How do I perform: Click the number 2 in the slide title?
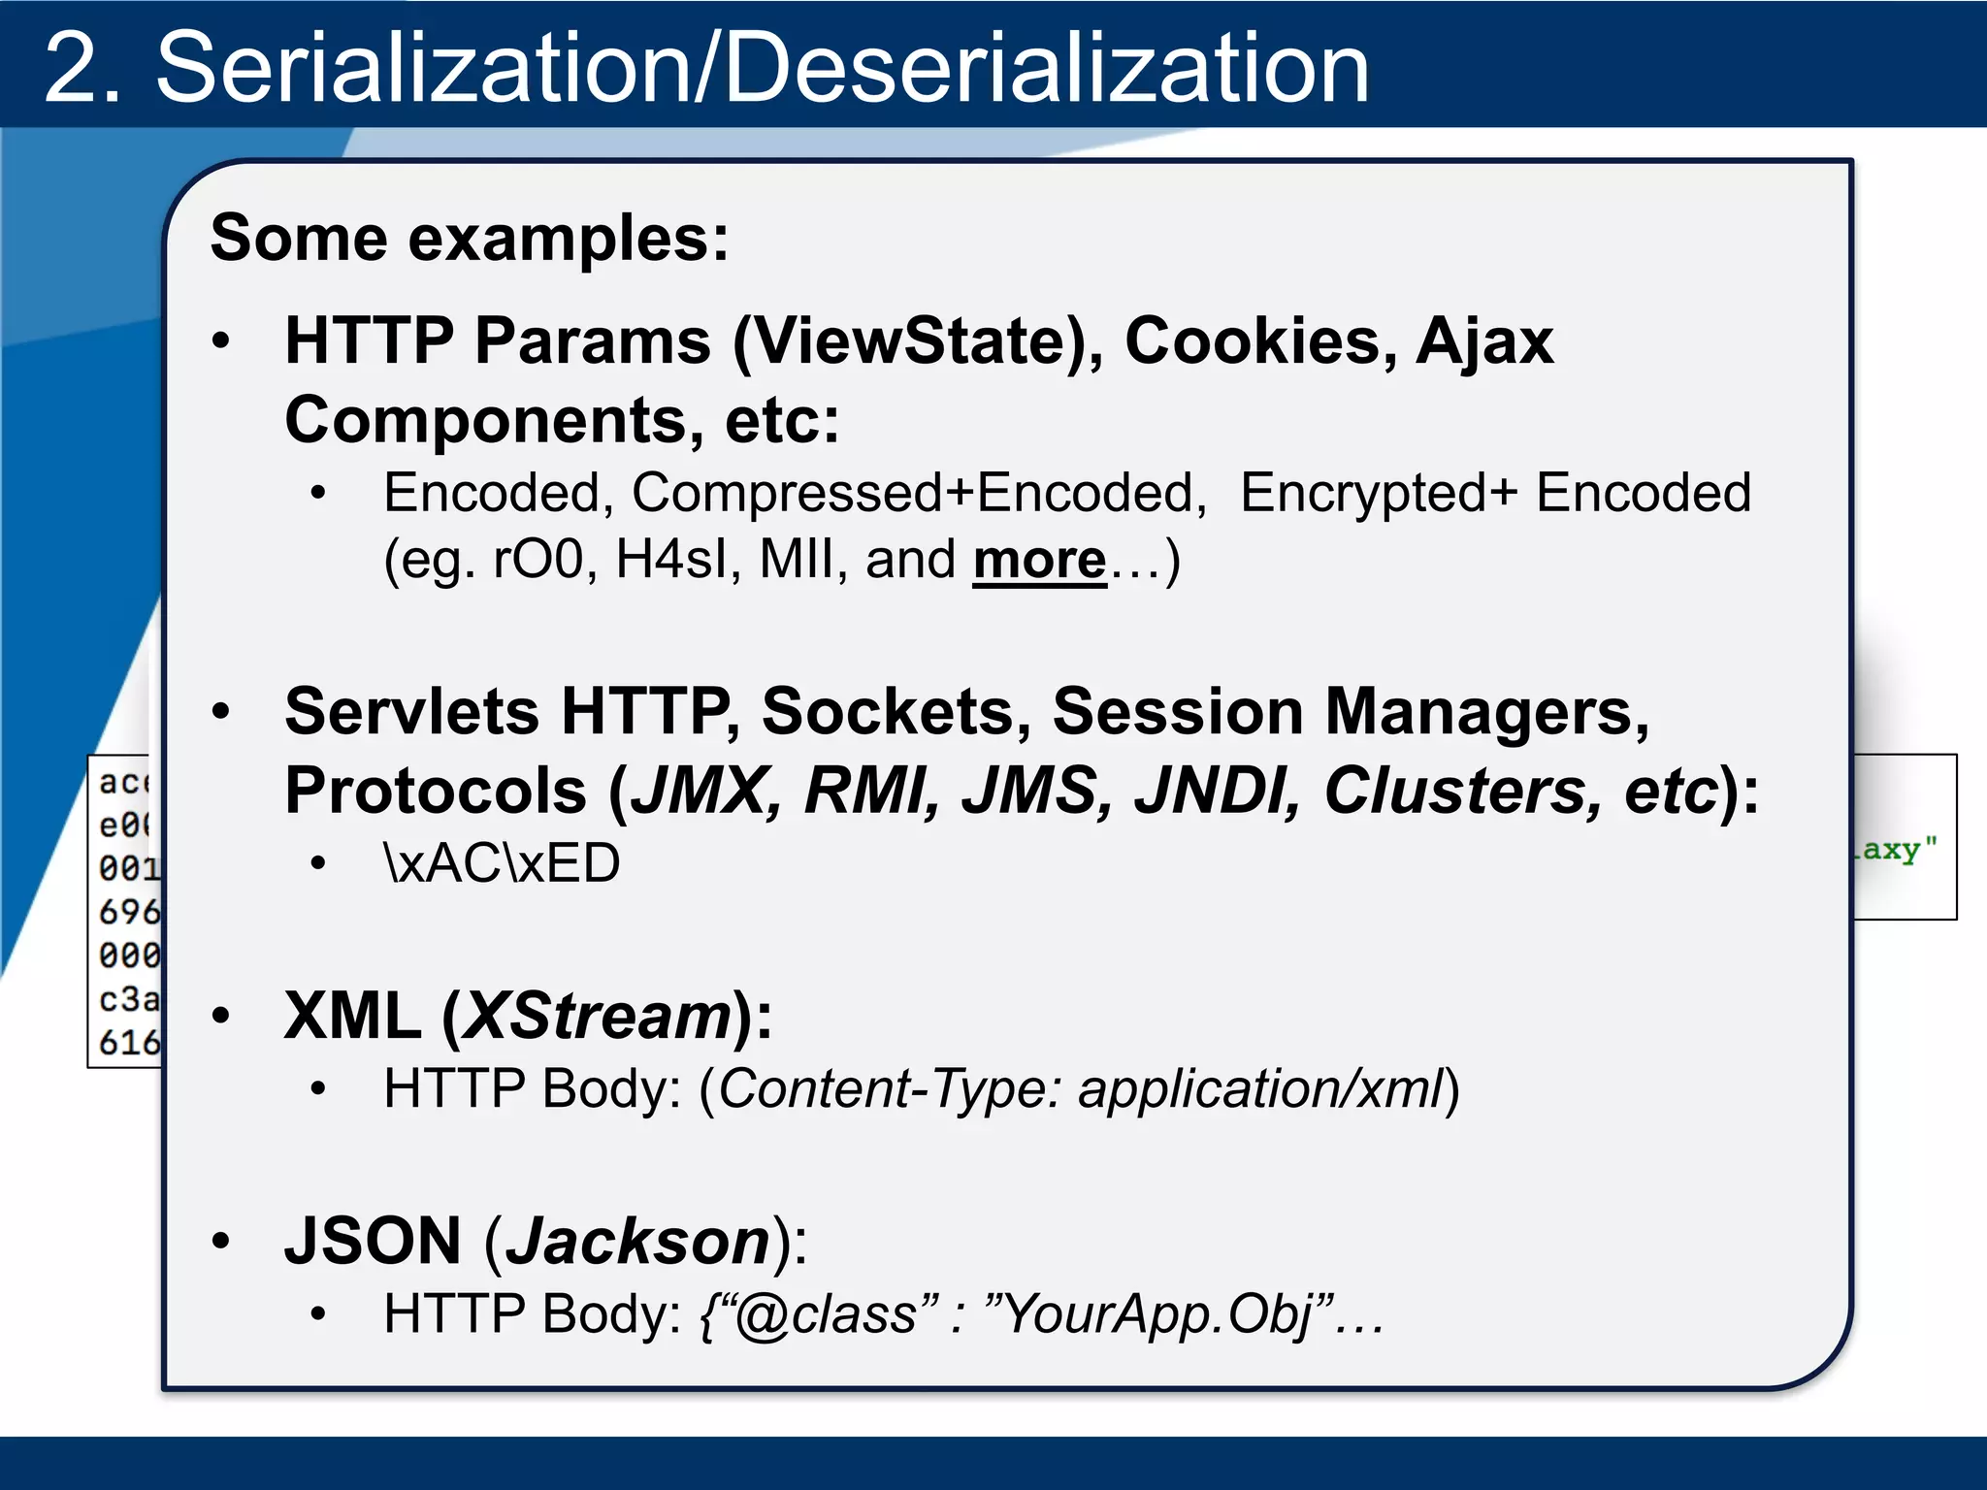click(82, 68)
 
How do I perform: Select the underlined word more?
click(1039, 560)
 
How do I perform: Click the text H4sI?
click(671, 560)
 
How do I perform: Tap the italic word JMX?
click(704, 791)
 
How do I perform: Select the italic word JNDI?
click(1217, 791)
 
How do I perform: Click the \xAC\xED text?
click(502, 862)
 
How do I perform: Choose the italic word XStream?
click(596, 1016)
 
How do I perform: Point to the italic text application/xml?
click(1261, 1088)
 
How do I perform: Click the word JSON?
click(373, 1241)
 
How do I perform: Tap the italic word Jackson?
click(637, 1241)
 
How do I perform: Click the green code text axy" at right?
click(1897, 851)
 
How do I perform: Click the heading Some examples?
click(470, 239)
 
